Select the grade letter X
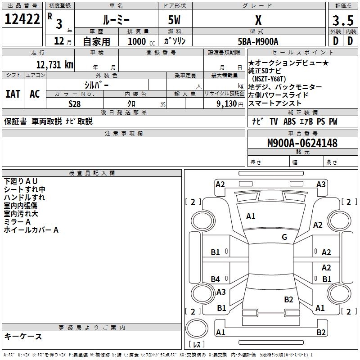point(258,20)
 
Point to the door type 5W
point(175,20)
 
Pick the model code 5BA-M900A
point(258,41)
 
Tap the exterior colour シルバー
point(96,85)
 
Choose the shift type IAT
point(13,94)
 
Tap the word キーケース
point(23,336)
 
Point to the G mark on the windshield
point(284,237)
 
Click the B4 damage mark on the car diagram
point(216,279)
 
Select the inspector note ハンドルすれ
point(24,197)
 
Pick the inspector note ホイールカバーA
point(31,230)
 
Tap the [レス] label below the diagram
point(196,345)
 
